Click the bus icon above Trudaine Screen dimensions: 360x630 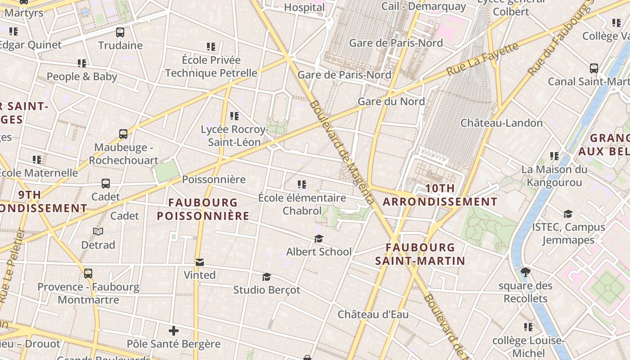[x=120, y=32]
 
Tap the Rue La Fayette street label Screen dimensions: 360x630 [x=482, y=59]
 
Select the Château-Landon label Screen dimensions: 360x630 [x=502, y=123]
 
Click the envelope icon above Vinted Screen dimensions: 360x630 [x=199, y=262]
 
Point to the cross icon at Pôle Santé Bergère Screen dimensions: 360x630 [x=174, y=331]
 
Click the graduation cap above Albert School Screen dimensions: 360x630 [x=319, y=238]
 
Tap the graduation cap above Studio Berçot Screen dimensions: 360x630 [x=266, y=277]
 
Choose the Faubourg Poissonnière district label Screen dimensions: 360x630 [x=203, y=209]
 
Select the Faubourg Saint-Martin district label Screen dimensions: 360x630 [x=420, y=254]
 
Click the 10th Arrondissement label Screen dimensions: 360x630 [x=440, y=195]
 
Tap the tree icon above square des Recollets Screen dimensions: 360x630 [x=525, y=272]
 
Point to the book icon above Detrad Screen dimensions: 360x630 [x=98, y=232]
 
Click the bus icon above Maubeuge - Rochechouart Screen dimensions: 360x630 [x=123, y=134]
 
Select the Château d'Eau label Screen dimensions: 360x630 [x=373, y=314]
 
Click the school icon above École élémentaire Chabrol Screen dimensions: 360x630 [x=302, y=184]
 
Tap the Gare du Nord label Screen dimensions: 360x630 [x=391, y=102]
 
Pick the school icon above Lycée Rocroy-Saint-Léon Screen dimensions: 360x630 [x=234, y=116]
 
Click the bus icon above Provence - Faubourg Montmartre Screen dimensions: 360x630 [x=88, y=273]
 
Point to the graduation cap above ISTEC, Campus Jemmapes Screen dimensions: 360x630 [x=568, y=214]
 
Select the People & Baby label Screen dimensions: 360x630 [x=82, y=76]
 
